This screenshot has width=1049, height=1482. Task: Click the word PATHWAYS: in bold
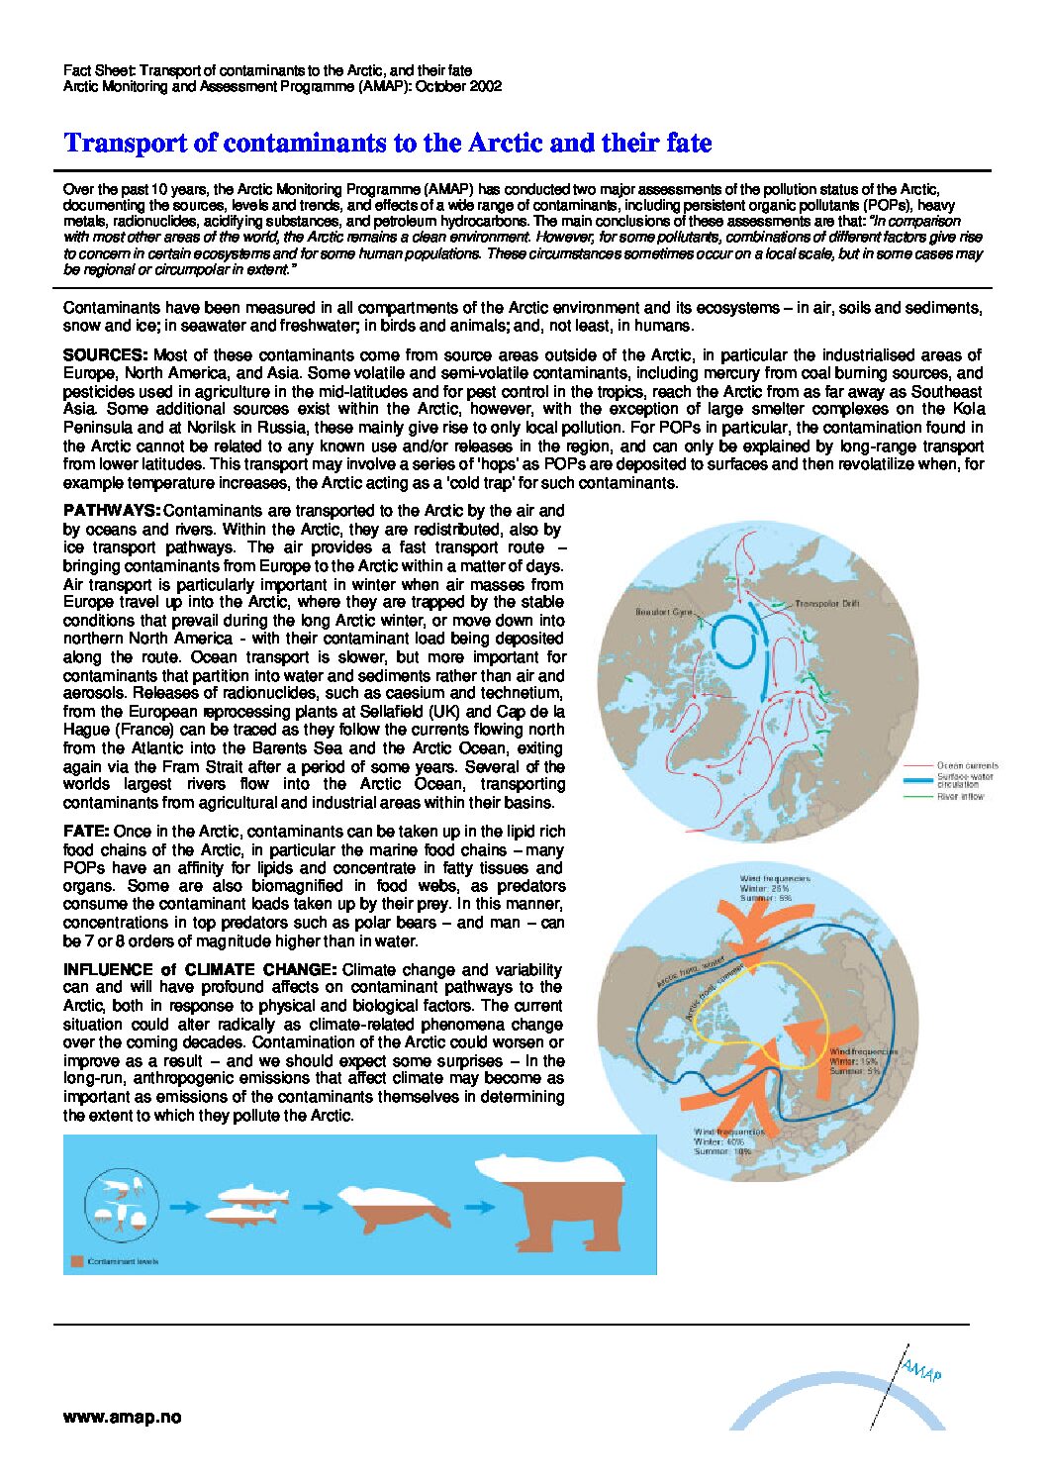pos(111,511)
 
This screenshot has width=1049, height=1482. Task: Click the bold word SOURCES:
pos(105,354)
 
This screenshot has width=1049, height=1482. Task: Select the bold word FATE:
pos(86,832)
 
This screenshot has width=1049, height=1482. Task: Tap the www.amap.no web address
pos(122,1417)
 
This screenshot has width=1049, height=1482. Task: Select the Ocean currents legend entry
pos(967,765)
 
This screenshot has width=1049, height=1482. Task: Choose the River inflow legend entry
pos(960,796)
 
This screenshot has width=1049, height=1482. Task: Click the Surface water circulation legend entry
pos(965,780)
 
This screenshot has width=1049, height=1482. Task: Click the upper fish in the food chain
pos(254,1195)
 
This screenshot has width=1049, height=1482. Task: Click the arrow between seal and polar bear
pos(480,1207)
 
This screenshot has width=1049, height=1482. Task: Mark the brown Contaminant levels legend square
pos(76,1261)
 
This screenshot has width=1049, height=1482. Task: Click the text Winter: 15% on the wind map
pos(854,1061)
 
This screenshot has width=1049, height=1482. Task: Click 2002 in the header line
pos(485,86)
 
